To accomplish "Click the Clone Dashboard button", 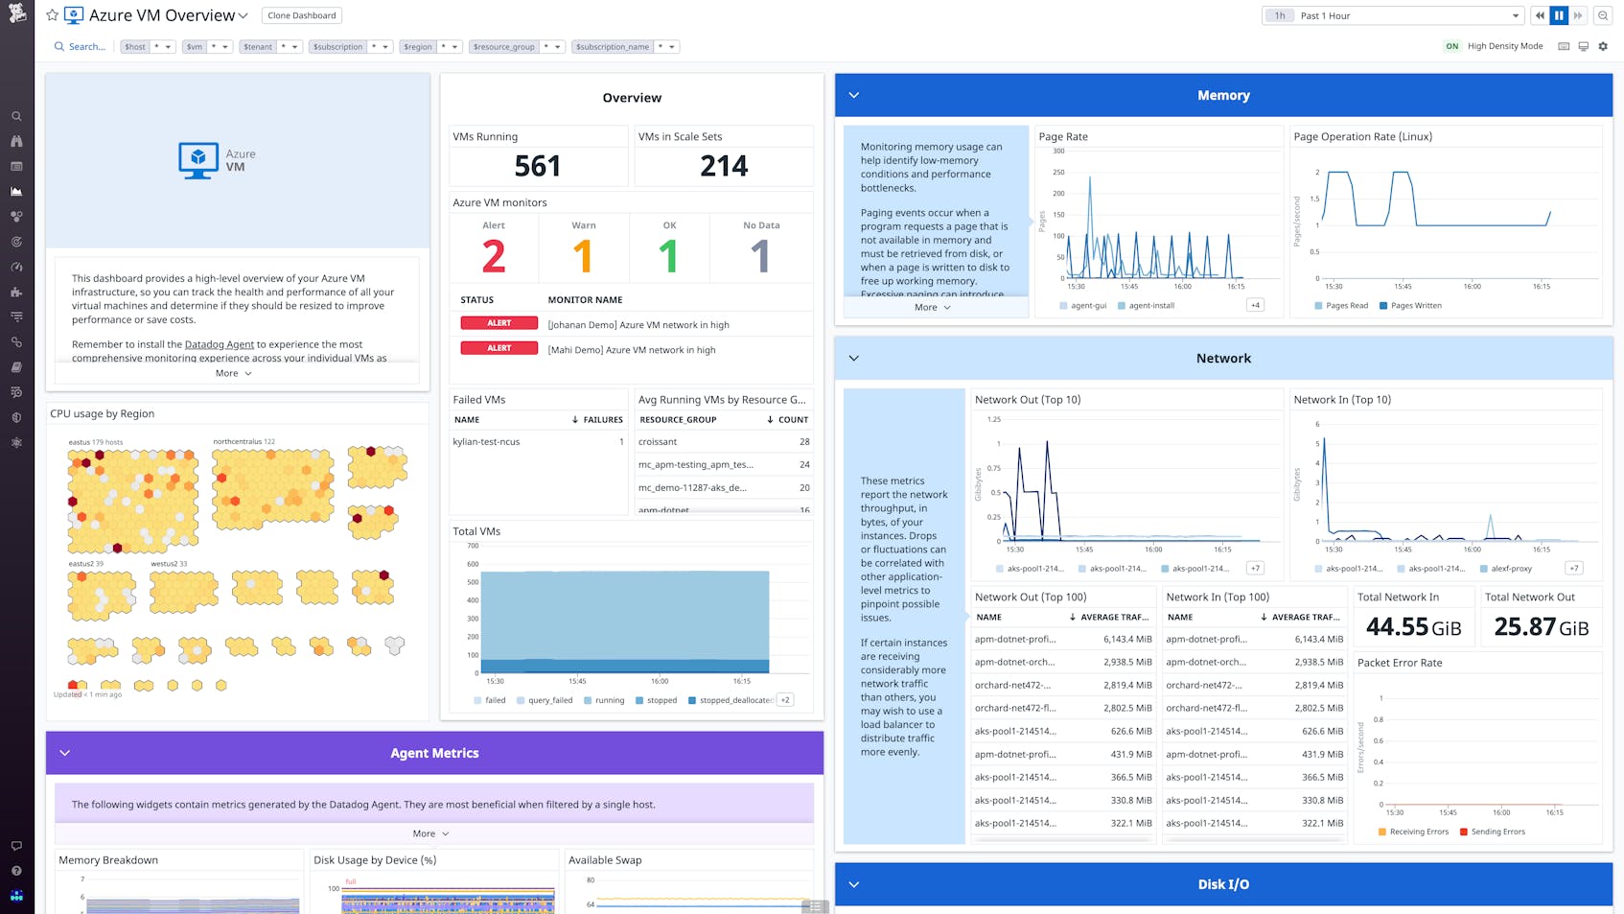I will click(x=301, y=15).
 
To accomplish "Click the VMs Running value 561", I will click(x=537, y=166).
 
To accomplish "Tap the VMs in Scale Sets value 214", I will click(x=723, y=166).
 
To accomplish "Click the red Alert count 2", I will click(x=493, y=256).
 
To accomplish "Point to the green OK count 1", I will click(x=668, y=256).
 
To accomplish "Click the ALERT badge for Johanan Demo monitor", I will click(x=499, y=323).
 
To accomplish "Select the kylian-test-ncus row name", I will click(x=486, y=442).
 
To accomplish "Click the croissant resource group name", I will click(x=658, y=442).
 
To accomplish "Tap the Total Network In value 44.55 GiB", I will click(x=1413, y=627).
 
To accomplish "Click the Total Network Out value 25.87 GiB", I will click(x=1541, y=627).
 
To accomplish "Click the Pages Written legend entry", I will click(x=1415, y=306).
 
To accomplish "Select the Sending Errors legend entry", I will click(x=1497, y=832).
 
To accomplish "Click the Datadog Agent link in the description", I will click(x=219, y=344).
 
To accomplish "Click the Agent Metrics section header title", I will click(x=434, y=753).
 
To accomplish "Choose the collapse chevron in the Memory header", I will click(x=854, y=95).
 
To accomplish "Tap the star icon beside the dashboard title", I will click(x=52, y=15).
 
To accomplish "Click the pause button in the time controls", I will click(x=1559, y=15).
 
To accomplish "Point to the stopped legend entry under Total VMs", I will click(x=661, y=700).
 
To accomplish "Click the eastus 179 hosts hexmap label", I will click(x=95, y=442).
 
